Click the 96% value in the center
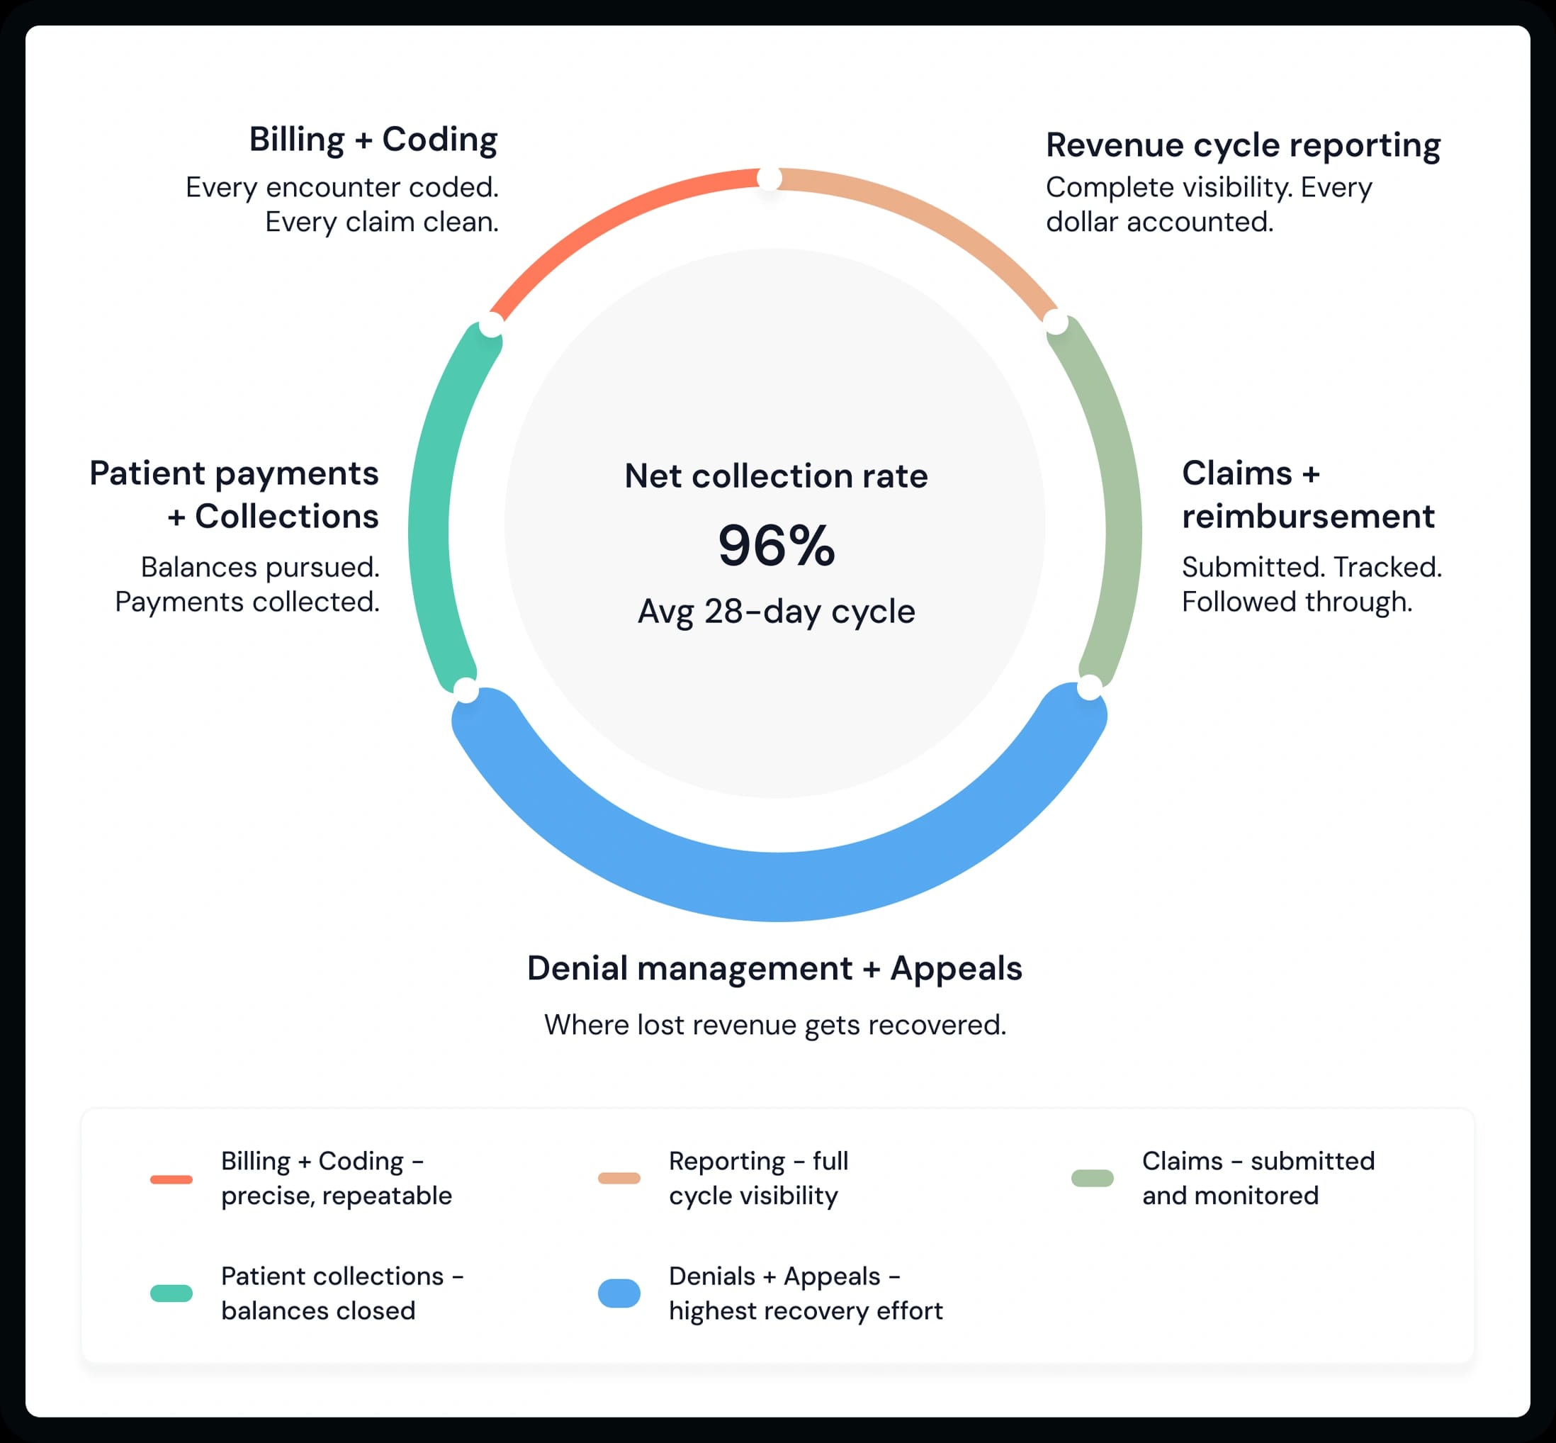[776, 545]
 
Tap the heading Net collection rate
[776, 476]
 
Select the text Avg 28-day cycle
[776, 612]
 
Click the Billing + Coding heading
[373, 140]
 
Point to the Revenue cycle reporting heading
[1243, 145]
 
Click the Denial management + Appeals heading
[774, 968]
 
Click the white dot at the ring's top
[769, 179]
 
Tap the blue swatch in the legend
[619, 1293]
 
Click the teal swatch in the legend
[171, 1293]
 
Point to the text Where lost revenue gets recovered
[774, 1024]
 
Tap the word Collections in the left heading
[286, 517]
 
